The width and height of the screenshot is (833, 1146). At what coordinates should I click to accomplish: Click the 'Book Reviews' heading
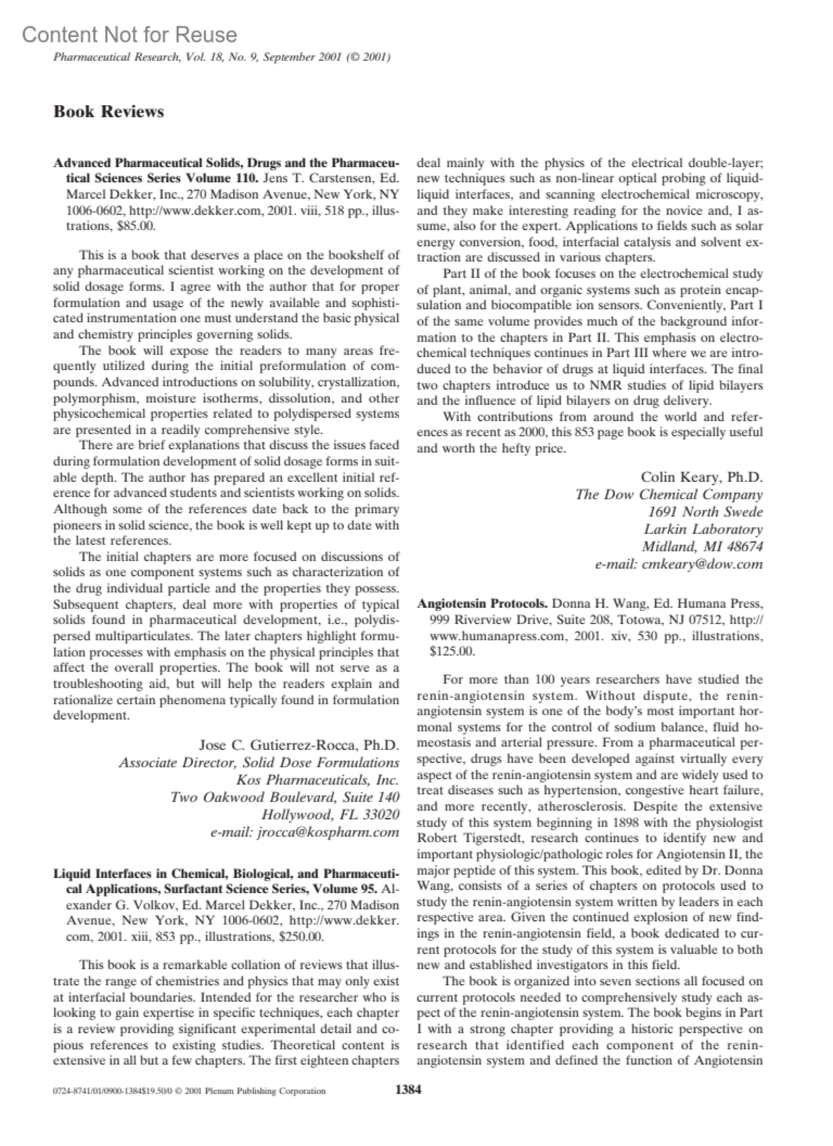pos(109,112)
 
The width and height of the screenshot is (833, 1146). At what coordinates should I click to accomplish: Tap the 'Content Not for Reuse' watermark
pos(129,35)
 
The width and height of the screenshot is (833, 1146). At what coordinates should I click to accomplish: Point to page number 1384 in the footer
pos(407,1090)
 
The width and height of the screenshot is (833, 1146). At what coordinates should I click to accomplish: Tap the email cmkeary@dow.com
pos(679,564)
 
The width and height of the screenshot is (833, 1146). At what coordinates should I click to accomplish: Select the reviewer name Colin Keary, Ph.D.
pos(701,477)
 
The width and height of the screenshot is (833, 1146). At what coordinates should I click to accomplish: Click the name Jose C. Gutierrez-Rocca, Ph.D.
pos(299,745)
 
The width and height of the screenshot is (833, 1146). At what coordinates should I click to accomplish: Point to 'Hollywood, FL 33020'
pos(330,814)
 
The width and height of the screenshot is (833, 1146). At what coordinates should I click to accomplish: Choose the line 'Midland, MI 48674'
pos(702,547)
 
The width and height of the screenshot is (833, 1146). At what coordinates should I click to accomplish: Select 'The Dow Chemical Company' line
pos(668,495)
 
